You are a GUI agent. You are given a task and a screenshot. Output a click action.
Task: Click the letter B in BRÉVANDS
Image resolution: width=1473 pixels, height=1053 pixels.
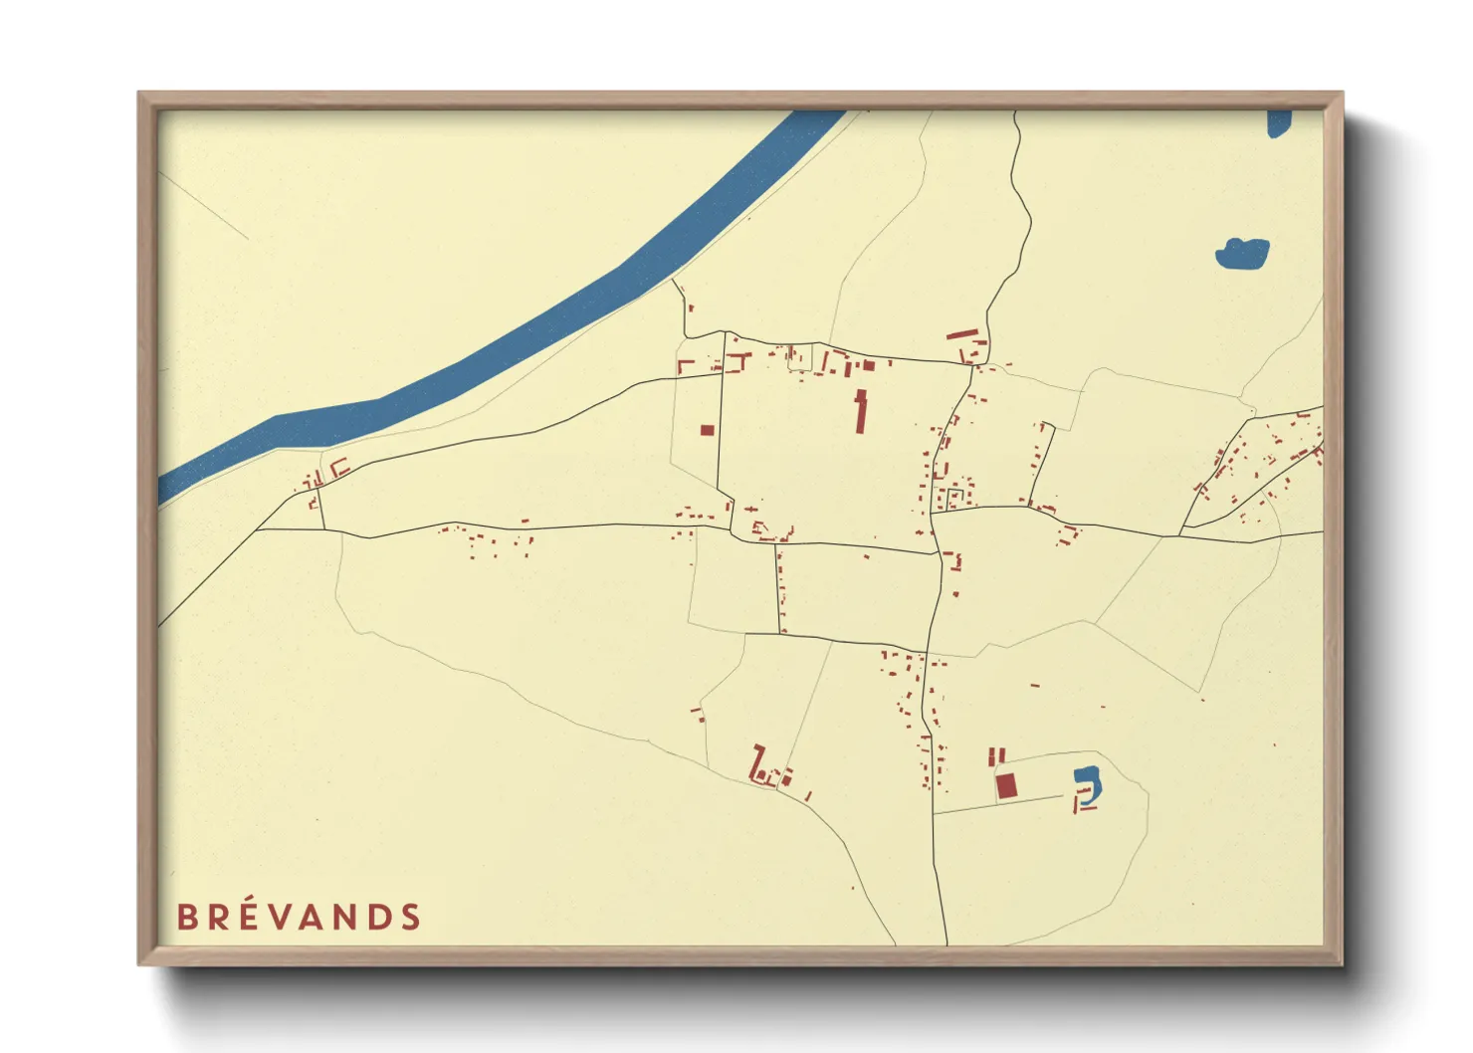point(186,917)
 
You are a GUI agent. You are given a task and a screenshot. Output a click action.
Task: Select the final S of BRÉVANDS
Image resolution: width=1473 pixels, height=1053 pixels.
point(411,917)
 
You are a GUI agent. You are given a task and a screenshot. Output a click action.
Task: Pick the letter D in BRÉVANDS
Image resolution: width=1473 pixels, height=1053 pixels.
point(379,917)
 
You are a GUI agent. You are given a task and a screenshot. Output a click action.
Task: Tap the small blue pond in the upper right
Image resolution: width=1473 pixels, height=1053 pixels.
point(1242,254)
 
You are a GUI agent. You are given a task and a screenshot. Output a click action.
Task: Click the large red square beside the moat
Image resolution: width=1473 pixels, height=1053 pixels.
point(1007,786)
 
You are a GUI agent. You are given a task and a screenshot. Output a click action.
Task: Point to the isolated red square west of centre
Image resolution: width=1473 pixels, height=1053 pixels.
point(707,431)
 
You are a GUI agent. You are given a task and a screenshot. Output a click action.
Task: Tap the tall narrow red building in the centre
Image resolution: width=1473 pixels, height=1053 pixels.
point(861,412)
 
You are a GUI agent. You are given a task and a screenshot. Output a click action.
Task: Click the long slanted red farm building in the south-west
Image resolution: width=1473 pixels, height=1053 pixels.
point(758,761)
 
